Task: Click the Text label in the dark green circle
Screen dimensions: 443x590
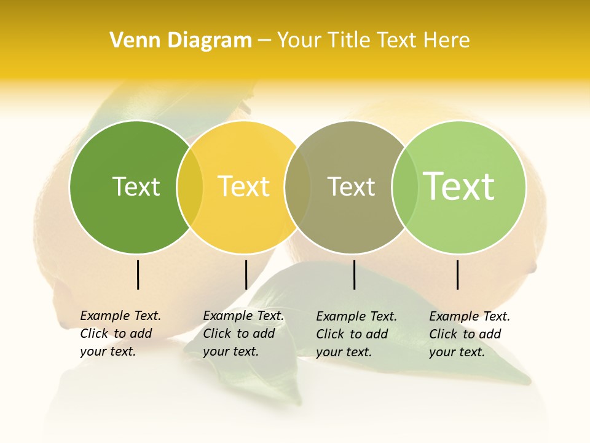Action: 136,186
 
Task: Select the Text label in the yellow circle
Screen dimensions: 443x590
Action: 243,186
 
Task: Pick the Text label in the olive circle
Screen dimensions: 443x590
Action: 351,186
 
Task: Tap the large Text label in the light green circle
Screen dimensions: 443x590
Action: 459,186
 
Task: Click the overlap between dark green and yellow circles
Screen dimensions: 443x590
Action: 189,187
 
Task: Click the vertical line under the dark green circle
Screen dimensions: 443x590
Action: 138,274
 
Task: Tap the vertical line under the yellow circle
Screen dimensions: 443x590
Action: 246,274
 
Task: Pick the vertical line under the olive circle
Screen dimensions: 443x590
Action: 355,274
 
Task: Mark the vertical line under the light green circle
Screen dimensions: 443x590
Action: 458,274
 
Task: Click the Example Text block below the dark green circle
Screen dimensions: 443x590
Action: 120,333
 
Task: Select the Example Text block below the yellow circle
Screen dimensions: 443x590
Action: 243,333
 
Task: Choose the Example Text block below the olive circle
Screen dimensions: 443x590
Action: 356,334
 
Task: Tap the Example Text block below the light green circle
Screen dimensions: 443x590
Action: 470,334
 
